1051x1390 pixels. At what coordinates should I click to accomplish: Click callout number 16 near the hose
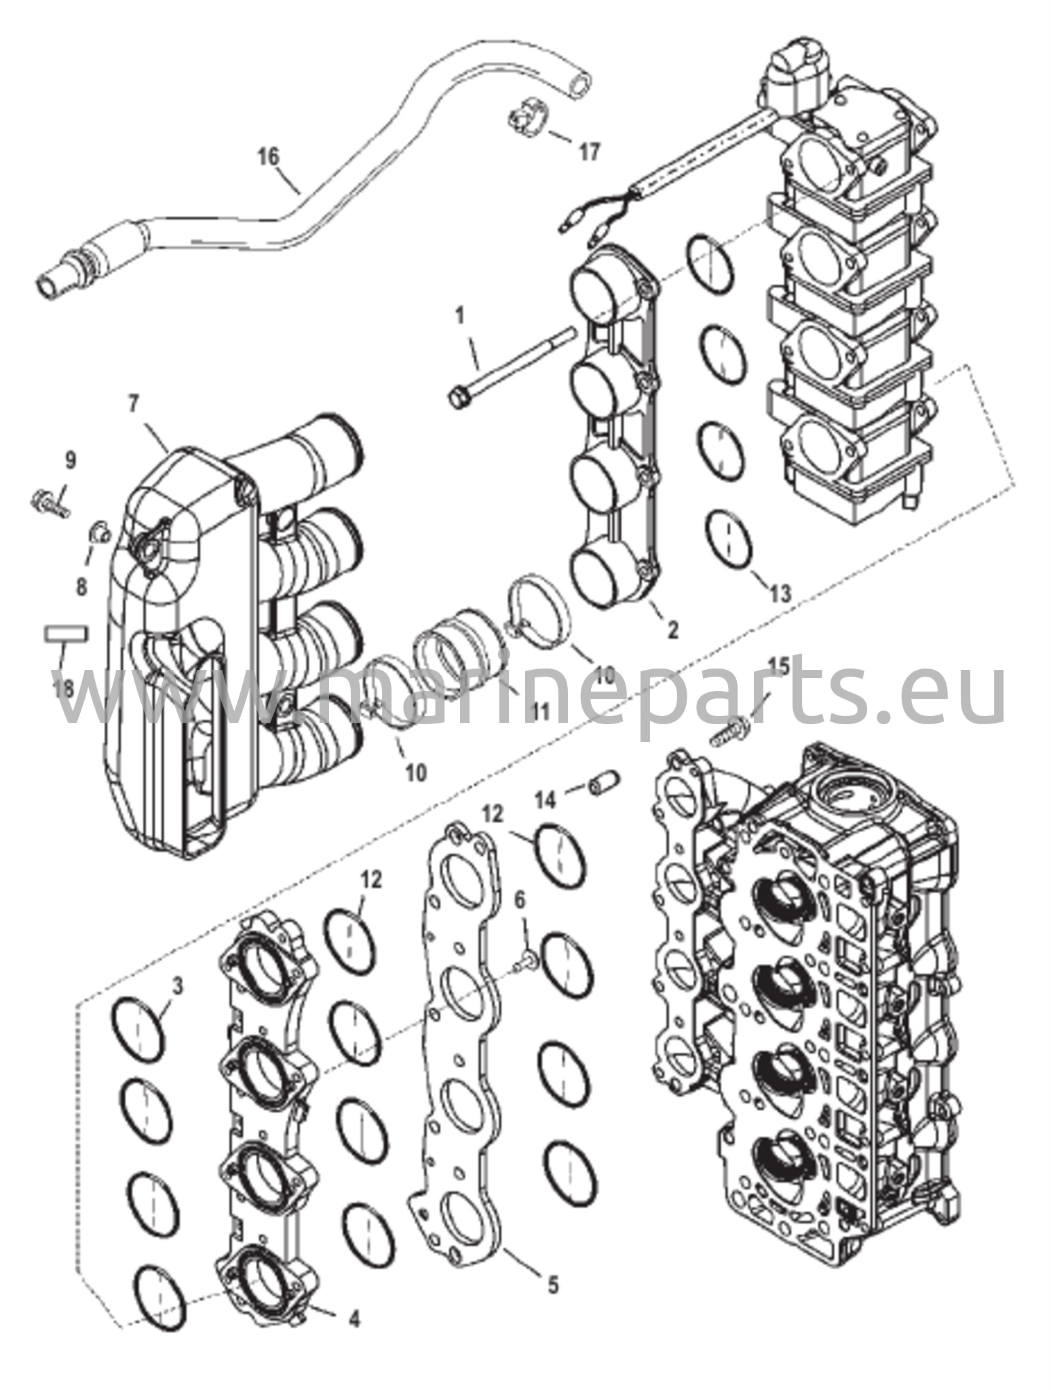pyautogui.click(x=269, y=157)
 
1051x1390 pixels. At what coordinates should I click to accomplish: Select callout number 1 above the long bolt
pyautogui.click(x=460, y=316)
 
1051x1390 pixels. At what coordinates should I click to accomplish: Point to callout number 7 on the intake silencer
pyautogui.click(x=132, y=405)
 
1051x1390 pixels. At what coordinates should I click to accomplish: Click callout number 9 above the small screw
pyautogui.click(x=71, y=461)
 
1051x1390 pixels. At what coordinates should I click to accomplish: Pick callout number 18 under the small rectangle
pyautogui.click(x=64, y=690)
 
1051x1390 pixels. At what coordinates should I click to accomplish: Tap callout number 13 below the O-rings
pyautogui.click(x=780, y=593)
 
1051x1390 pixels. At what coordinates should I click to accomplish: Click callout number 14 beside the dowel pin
pyautogui.click(x=546, y=801)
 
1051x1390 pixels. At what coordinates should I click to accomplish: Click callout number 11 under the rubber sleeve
pyautogui.click(x=539, y=712)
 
